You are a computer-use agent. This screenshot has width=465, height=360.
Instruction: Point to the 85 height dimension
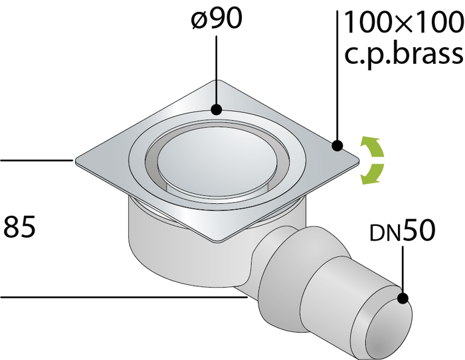tap(19, 227)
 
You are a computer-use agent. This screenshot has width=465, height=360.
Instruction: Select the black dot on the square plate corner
tap(337, 145)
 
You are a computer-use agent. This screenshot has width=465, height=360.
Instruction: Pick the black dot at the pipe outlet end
tap(403, 298)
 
